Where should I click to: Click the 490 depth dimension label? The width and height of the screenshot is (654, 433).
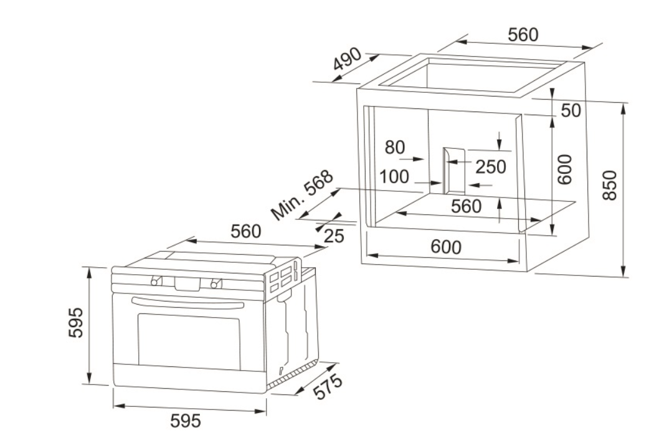[347, 59]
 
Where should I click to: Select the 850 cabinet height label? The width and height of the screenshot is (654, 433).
[609, 185]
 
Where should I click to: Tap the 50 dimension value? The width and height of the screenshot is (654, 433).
[571, 110]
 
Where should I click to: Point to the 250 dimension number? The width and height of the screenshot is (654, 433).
[491, 167]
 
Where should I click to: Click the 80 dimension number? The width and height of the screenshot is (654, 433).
[394, 147]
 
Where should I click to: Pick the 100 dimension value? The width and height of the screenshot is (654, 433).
[394, 176]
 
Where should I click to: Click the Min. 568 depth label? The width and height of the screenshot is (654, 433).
[302, 195]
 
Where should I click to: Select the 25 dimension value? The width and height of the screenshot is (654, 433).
[334, 236]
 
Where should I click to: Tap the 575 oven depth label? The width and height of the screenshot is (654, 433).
[328, 387]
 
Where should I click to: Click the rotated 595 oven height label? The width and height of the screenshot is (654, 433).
[76, 323]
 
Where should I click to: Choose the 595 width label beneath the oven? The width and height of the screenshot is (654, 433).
[186, 421]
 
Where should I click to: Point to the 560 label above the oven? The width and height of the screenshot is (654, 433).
[245, 231]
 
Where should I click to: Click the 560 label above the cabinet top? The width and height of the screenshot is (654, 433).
[523, 35]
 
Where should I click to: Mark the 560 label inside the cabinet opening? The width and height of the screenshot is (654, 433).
[466, 206]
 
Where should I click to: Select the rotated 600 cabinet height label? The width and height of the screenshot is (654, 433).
[565, 169]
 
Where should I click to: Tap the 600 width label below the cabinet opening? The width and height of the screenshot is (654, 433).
[446, 247]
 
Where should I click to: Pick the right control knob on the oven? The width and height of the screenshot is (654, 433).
[216, 283]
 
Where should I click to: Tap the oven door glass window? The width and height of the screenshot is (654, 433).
[189, 341]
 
